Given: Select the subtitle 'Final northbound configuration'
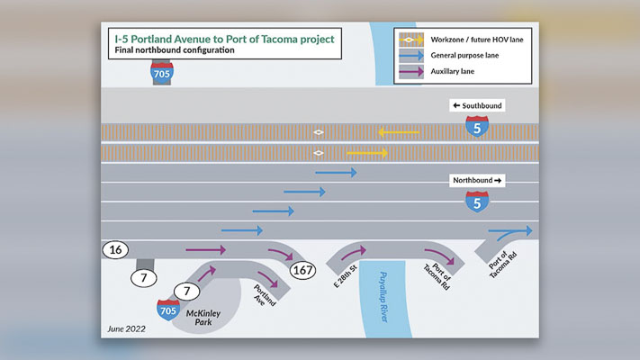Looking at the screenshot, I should (173, 50).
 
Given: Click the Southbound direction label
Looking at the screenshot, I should (477, 105).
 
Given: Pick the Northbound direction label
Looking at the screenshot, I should (477, 180).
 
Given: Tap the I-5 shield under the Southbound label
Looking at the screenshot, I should (478, 127).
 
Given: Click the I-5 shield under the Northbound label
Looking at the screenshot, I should (478, 202).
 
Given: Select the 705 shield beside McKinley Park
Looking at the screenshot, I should (168, 310).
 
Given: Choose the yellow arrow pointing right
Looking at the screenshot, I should (367, 153).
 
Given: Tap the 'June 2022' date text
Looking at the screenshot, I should (127, 328).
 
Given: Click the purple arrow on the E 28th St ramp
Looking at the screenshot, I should (353, 252).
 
